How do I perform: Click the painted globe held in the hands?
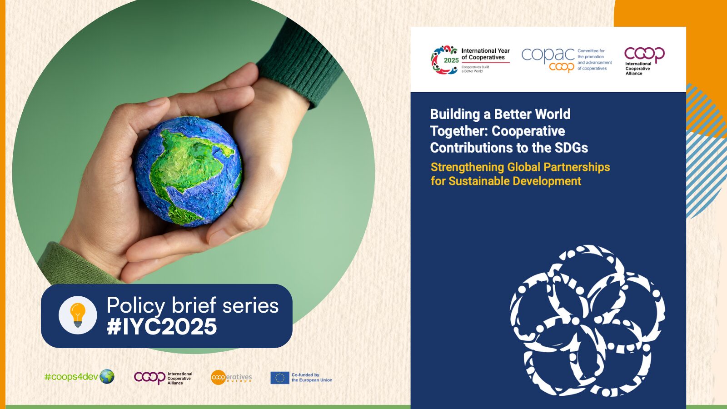click(x=188, y=171)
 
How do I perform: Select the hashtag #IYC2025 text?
click(x=162, y=326)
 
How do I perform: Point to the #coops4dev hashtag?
click(x=71, y=377)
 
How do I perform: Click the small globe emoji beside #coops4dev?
click(x=107, y=377)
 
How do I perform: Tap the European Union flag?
click(x=280, y=378)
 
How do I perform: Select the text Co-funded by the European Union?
click(x=312, y=378)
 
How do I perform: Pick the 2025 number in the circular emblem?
click(x=451, y=60)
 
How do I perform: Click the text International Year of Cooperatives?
click(x=486, y=54)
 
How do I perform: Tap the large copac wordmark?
click(x=548, y=54)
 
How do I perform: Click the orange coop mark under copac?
click(x=562, y=66)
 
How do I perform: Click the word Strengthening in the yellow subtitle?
click(x=468, y=168)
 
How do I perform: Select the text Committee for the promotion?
click(x=591, y=54)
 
